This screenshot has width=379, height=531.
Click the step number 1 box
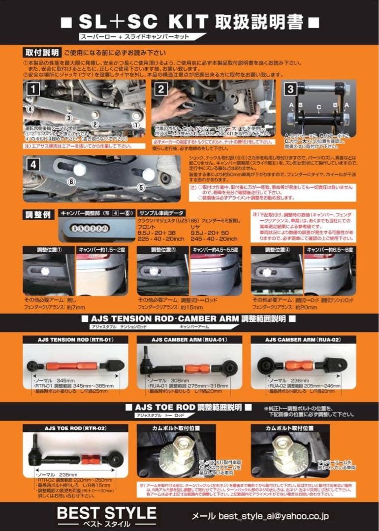coord(32,89)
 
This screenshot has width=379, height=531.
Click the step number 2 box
coord(161,89)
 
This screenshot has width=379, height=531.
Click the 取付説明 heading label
coord(41,52)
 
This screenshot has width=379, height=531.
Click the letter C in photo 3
coord(319,107)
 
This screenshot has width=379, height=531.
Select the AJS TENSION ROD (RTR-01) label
coord(75,339)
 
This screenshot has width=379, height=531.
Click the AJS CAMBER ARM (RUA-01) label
coord(189,339)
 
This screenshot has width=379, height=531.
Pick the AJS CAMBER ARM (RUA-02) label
coord(303,339)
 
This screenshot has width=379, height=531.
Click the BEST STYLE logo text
coord(106,513)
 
